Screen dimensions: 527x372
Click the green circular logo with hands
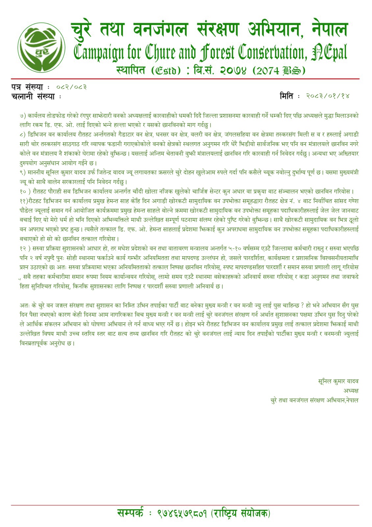coord(41,47)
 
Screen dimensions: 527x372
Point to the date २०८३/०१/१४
coord(327,96)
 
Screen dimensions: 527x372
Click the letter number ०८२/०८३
coord(72,87)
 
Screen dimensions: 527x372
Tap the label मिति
coord(286,96)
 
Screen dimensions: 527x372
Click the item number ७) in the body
coord(23,116)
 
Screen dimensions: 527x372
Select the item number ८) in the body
coord(23,135)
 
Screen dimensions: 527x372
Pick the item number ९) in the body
coord(23,172)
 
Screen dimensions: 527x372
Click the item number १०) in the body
coord(25,191)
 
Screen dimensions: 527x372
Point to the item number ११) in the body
coord(24,201)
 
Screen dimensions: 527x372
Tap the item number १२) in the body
coord(25,248)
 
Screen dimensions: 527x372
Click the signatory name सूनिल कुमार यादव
coord(338,381)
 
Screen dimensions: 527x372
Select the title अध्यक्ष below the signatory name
coord(351,391)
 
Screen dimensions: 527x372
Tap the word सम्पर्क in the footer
coord(130,513)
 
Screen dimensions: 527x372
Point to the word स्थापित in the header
coord(131,70)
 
